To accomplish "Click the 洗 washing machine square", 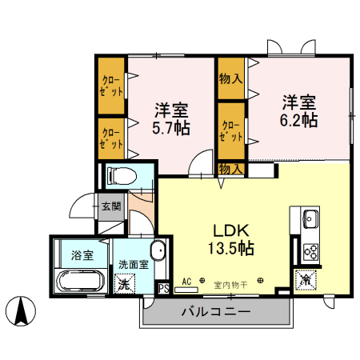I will click(x=124, y=282).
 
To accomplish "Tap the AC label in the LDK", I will click(x=186, y=282).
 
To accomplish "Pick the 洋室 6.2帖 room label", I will click(x=299, y=112).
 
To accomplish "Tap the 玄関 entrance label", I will click(x=111, y=206).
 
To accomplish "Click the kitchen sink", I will click(x=310, y=218).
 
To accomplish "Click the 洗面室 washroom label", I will click(x=134, y=264).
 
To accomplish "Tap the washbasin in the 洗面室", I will click(x=158, y=250).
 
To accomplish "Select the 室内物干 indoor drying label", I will click(x=231, y=283).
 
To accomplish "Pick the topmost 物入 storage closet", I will click(x=231, y=78).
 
